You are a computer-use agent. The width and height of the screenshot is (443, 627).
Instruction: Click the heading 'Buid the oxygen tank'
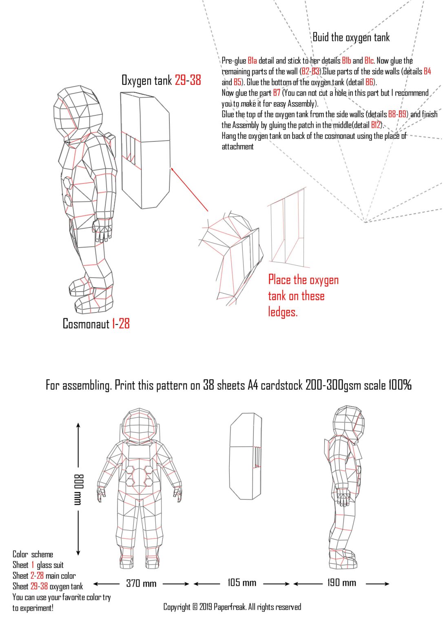click(x=351, y=38)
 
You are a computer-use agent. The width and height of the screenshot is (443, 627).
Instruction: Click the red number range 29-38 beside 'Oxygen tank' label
click(x=188, y=80)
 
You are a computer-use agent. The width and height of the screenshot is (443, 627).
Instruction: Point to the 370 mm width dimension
click(x=141, y=583)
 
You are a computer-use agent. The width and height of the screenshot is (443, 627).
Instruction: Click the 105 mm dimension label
click(x=242, y=583)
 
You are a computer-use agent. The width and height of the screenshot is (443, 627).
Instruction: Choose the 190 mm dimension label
click(x=341, y=583)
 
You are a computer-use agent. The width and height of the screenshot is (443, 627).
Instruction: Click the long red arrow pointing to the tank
click(x=189, y=189)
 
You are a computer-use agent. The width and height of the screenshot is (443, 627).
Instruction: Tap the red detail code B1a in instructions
click(x=252, y=61)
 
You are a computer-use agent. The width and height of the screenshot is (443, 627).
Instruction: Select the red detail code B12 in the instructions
click(x=376, y=125)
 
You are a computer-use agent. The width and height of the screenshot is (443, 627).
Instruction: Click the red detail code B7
click(x=277, y=93)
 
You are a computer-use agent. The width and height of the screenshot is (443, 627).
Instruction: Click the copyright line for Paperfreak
click(x=232, y=607)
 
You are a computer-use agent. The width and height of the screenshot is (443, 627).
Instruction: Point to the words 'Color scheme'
click(x=33, y=554)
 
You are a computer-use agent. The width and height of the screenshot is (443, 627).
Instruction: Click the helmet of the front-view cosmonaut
click(x=139, y=426)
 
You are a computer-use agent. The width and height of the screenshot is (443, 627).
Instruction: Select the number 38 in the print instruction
click(x=208, y=385)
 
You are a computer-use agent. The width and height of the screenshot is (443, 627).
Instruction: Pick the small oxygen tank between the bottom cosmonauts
click(x=246, y=456)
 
